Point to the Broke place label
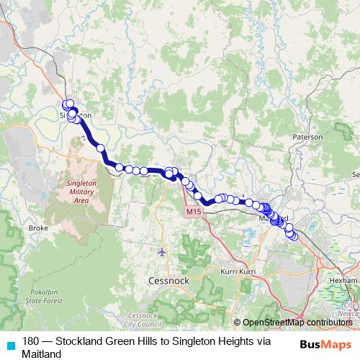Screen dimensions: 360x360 tap(37, 228)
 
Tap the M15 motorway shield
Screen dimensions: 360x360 tap(191, 212)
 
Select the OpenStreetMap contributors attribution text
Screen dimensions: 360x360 tap(298, 323)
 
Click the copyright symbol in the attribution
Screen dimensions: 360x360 tap(237, 323)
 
